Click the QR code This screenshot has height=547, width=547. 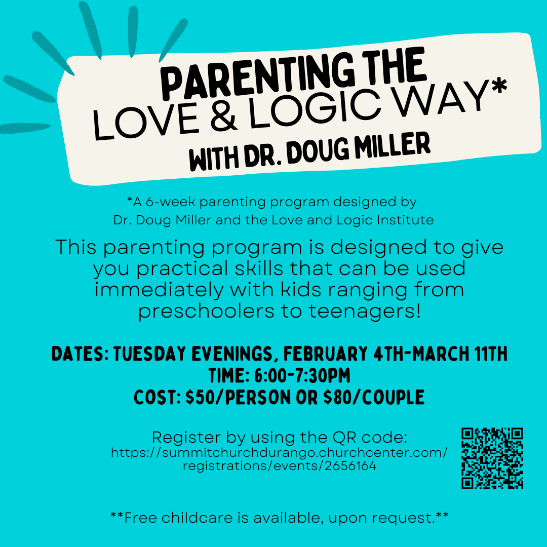click(492, 458)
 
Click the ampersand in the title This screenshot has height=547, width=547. click(223, 115)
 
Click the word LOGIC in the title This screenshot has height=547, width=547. click(314, 109)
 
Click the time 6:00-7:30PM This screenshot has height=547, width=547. click(302, 376)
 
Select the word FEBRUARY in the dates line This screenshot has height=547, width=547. click(325, 354)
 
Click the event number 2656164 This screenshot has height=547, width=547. click(350, 466)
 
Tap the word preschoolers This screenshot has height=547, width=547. click(206, 311)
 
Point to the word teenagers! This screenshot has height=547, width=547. click(365, 311)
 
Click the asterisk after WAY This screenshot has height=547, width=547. click(499, 85)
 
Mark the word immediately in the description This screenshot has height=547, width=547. click(159, 290)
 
